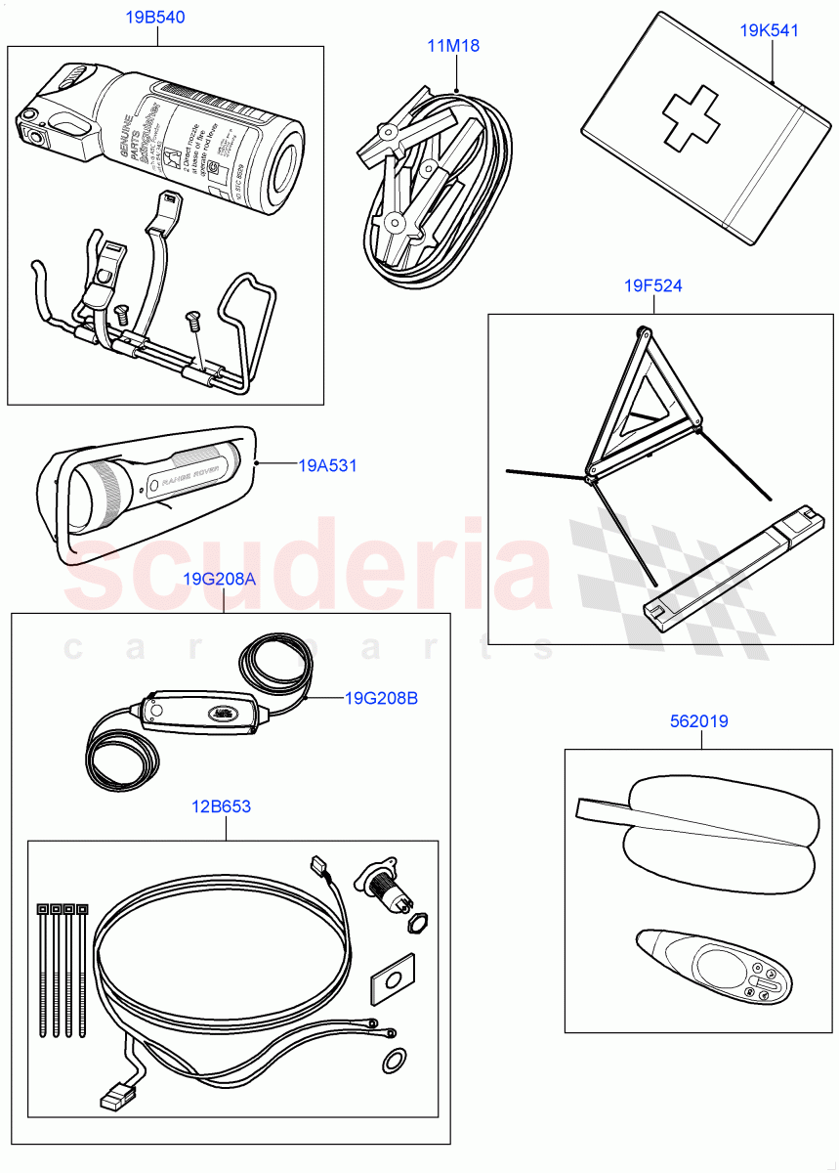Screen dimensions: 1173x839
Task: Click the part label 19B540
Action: click(155, 18)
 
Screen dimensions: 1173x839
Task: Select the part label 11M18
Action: click(453, 45)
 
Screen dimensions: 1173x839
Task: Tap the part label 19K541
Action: click(769, 30)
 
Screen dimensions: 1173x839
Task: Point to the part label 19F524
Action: click(653, 286)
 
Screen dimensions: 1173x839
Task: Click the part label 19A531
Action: click(327, 466)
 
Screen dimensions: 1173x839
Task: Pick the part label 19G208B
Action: click(381, 698)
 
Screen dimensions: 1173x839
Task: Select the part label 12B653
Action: click(223, 806)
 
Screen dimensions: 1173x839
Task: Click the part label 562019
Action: click(700, 721)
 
